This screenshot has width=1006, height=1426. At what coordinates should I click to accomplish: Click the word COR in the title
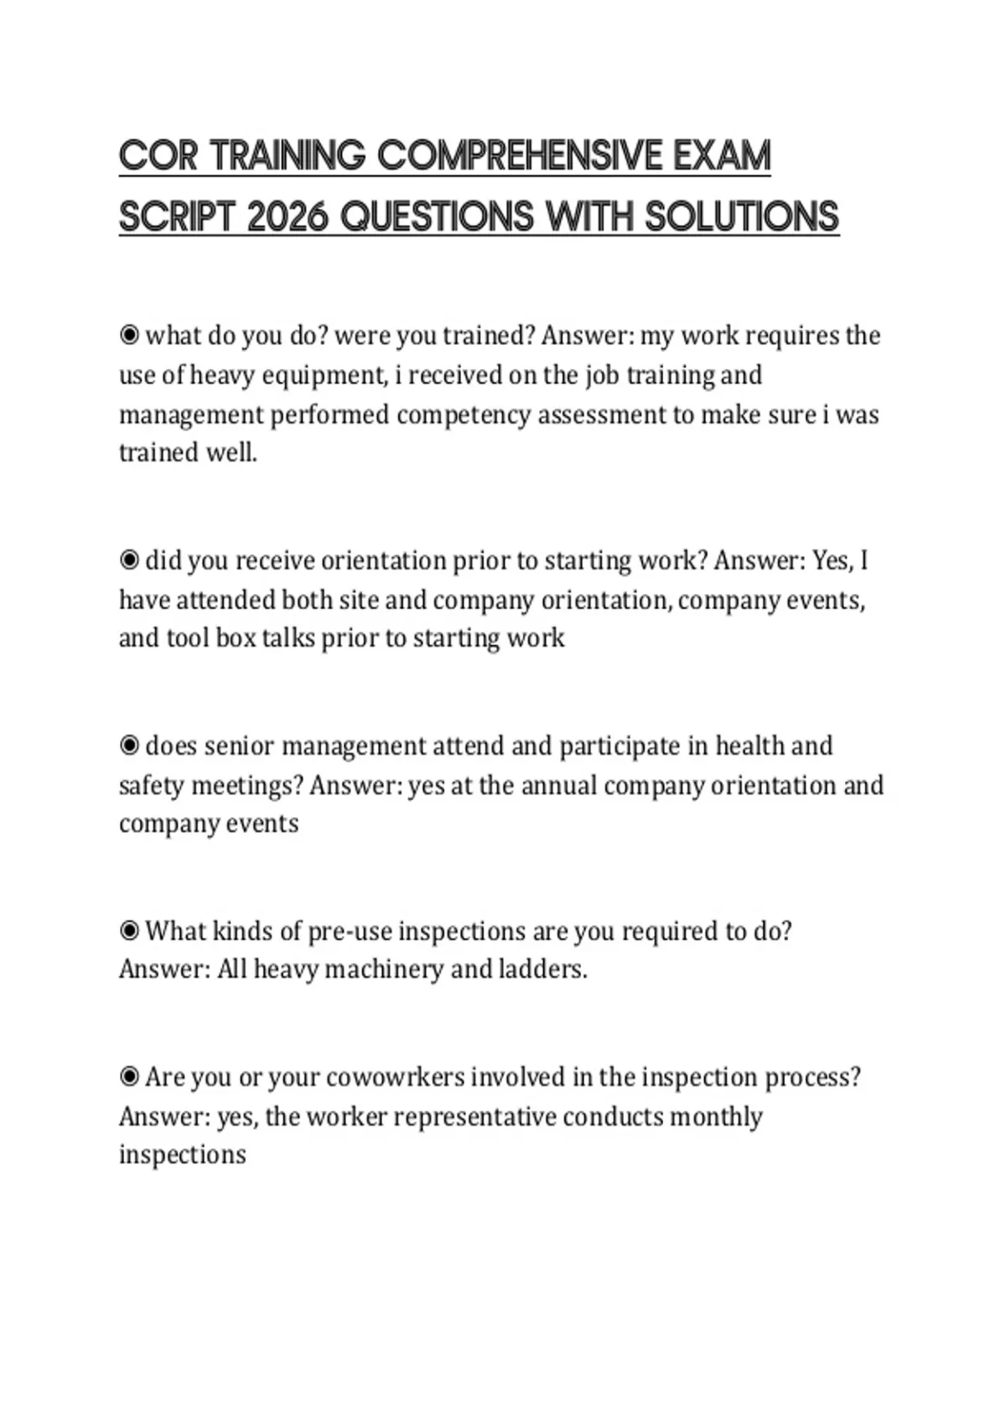(158, 156)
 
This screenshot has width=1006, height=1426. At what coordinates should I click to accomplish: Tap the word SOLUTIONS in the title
(741, 216)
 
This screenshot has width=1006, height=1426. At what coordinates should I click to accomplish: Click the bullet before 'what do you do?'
(129, 336)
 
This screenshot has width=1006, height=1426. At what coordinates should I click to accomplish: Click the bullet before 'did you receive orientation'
(129, 559)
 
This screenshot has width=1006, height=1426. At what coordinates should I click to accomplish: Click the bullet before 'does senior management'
(129, 746)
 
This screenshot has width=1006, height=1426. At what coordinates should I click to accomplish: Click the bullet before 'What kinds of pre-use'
(129, 931)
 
